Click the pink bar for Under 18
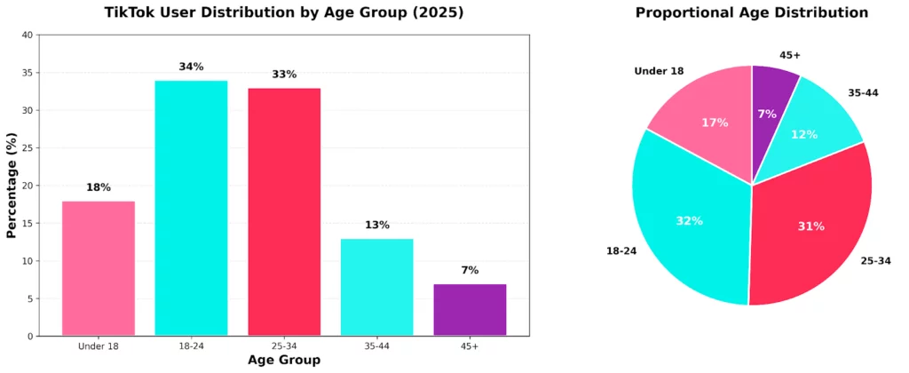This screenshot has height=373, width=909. [x=98, y=268]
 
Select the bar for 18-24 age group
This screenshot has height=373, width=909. [x=191, y=208]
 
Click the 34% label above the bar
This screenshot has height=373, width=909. [x=191, y=67]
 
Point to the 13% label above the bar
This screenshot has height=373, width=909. [x=376, y=225]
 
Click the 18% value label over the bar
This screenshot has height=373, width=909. [x=98, y=187]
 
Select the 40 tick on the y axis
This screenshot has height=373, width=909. [x=28, y=36]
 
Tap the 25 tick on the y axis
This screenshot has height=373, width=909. [x=28, y=148]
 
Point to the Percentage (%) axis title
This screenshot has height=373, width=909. [x=12, y=186]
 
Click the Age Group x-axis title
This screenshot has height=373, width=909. [x=284, y=361]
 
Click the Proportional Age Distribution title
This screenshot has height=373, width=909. [x=752, y=13]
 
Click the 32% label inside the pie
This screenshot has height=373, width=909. [x=689, y=220]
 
